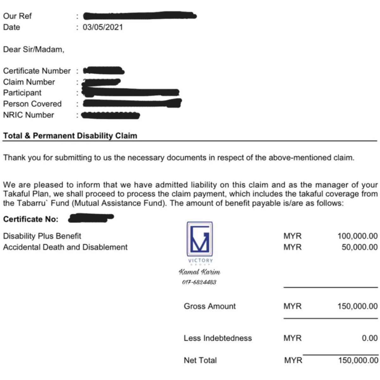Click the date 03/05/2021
click(x=103, y=27)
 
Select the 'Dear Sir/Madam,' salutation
click(x=34, y=49)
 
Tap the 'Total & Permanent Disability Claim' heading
click(x=70, y=136)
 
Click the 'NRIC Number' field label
click(x=28, y=115)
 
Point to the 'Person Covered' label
click(x=32, y=104)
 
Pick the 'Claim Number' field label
click(x=29, y=82)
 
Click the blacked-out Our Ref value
click(x=139, y=16)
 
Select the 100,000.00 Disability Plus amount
click(x=358, y=236)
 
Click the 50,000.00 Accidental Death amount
click(x=359, y=247)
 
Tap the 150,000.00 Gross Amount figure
click(x=358, y=306)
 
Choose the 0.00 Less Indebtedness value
click(x=370, y=338)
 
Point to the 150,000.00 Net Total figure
click(x=358, y=360)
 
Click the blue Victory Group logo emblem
click(x=199, y=239)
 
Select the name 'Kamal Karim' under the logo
click(x=199, y=272)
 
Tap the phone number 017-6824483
click(x=199, y=282)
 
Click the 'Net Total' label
click(x=200, y=360)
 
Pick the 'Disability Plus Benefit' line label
click(x=42, y=236)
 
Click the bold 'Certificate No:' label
click(x=31, y=219)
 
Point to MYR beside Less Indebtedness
click(x=293, y=338)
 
